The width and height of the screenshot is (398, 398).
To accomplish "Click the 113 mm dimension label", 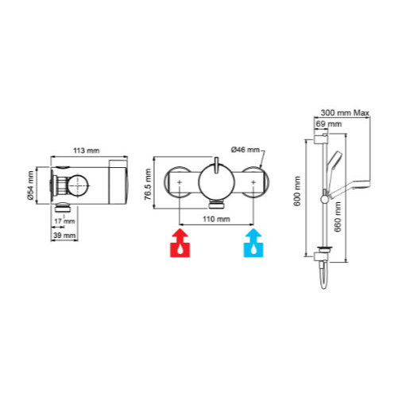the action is pyautogui.click(x=87, y=150).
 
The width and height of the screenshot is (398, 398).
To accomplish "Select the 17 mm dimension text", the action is pyautogui.click(x=64, y=221).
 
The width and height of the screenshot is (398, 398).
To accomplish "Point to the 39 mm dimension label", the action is pyautogui.click(x=64, y=236).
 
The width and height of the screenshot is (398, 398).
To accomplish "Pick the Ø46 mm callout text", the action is pyautogui.click(x=245, y=150).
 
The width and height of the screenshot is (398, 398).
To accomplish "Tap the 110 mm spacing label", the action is pyautogui.click(x=216, y=219).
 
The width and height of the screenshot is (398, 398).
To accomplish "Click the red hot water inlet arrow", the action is pyautogui.click(x=180, y=243).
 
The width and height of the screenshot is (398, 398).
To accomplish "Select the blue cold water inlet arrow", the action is pyautogui.click(x=253, y=243).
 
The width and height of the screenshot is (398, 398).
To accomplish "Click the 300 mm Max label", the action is pyautogui.click(x=345, y=113).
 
